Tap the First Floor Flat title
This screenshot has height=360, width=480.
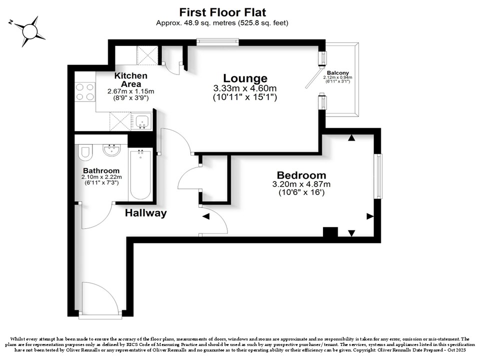click(222, 12)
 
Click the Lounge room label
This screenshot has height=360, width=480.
click(245, 78)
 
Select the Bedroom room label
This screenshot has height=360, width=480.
click(301, 175)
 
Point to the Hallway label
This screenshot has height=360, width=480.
click(145, 213)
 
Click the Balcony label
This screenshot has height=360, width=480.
click(337, 73)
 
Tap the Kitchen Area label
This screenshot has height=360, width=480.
click(130, 79)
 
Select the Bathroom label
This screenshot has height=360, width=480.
click(101, 170)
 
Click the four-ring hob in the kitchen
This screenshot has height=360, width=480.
click(85, 92)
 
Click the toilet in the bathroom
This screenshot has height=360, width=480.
click(85, 152)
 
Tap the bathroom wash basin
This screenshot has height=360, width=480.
click(111, 150)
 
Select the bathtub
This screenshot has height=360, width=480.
click(140, 174)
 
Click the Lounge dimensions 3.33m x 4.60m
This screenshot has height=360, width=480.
click(245, 88)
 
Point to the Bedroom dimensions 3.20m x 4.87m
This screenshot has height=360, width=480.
click(301, 184)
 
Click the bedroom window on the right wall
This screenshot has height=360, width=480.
click(378, 176)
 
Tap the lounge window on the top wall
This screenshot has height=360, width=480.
click(217, 41)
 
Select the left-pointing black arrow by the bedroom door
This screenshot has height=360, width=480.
click(205, 216)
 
